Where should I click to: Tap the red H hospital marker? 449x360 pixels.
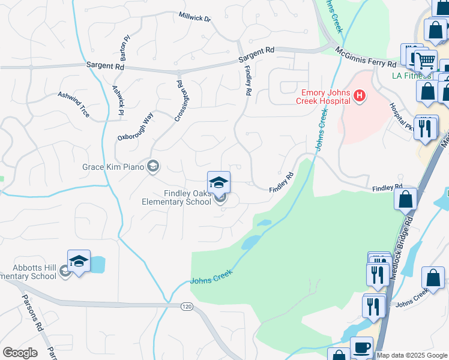pos(360,95)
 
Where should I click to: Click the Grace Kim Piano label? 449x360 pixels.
pos(113,166)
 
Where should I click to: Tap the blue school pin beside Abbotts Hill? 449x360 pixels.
pos(79,262)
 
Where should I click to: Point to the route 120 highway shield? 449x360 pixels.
pos(187,307)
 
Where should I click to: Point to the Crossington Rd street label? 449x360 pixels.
pos(178,97)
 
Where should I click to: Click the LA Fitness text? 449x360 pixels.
pos(412,75)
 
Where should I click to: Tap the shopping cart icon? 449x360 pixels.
pos(425,60)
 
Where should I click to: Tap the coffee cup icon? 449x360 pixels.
pos(361,347)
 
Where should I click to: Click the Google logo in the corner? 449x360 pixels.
pos(19,353)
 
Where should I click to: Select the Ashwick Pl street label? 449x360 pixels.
pos(118,100)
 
